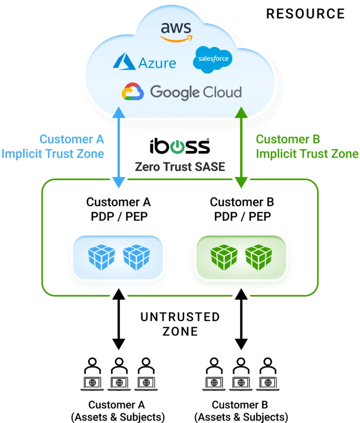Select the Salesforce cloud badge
pos(212,60)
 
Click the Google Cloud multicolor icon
pos(132,91)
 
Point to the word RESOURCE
pos(305,14)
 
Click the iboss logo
pos(180,146)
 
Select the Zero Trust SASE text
pos(180,166)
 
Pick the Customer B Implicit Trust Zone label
pos(307,146)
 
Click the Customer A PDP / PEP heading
pos(118,209)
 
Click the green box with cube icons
pos(241,257)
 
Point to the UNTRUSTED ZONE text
pos(180,324)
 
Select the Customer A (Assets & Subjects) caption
pos(117,410)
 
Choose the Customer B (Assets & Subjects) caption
pos(241,410)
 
